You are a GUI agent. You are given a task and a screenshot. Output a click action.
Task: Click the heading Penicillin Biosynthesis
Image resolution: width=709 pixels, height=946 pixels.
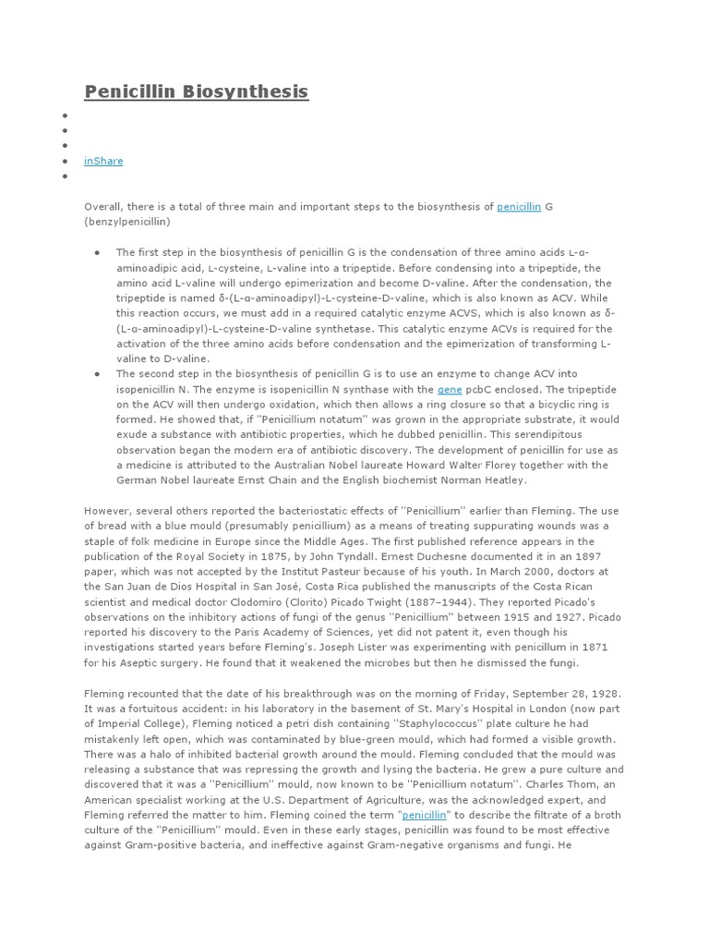click(x=196, y=91)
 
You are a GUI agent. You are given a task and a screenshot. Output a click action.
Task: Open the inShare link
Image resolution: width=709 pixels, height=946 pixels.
click(x=103, y=161)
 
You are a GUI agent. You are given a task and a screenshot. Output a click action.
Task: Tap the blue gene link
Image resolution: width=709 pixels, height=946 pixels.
click(x=449, y=390)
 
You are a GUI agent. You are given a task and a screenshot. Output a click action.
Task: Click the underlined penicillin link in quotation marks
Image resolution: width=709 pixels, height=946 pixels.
click(x=425, y=814)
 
